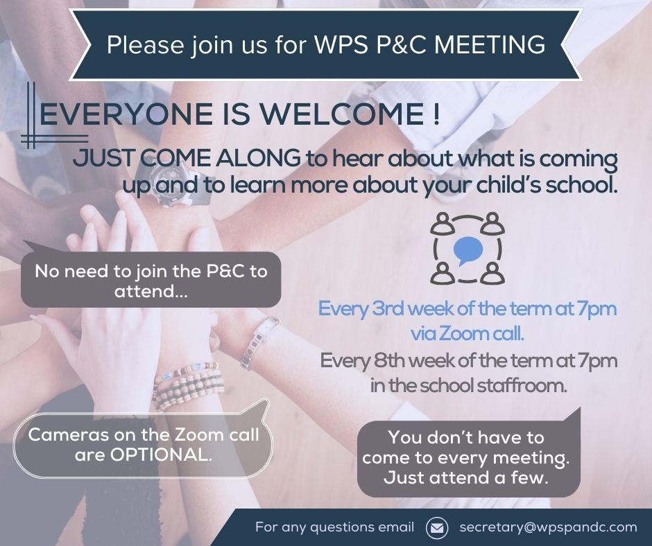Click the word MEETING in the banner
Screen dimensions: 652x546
pyautogui.click(x=490, y=44)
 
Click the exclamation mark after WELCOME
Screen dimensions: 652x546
pyautogui.click(x=435, y=114)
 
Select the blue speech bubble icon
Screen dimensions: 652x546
pyautogui.click(x=467, y=250)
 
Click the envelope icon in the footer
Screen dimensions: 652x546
pyautogui.click(x=437, y=528)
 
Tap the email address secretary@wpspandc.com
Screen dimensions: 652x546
pyautogui.click(x=548, y=527)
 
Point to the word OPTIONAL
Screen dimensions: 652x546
pyautogui.click(x=161, y=455)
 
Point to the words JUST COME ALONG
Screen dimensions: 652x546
pyautogui.click(x=187, y=158)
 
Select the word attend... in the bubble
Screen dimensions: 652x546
pyautogui.click(x=151, y=291)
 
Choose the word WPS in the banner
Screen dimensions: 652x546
pyautogui.click(x=341, y=44)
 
